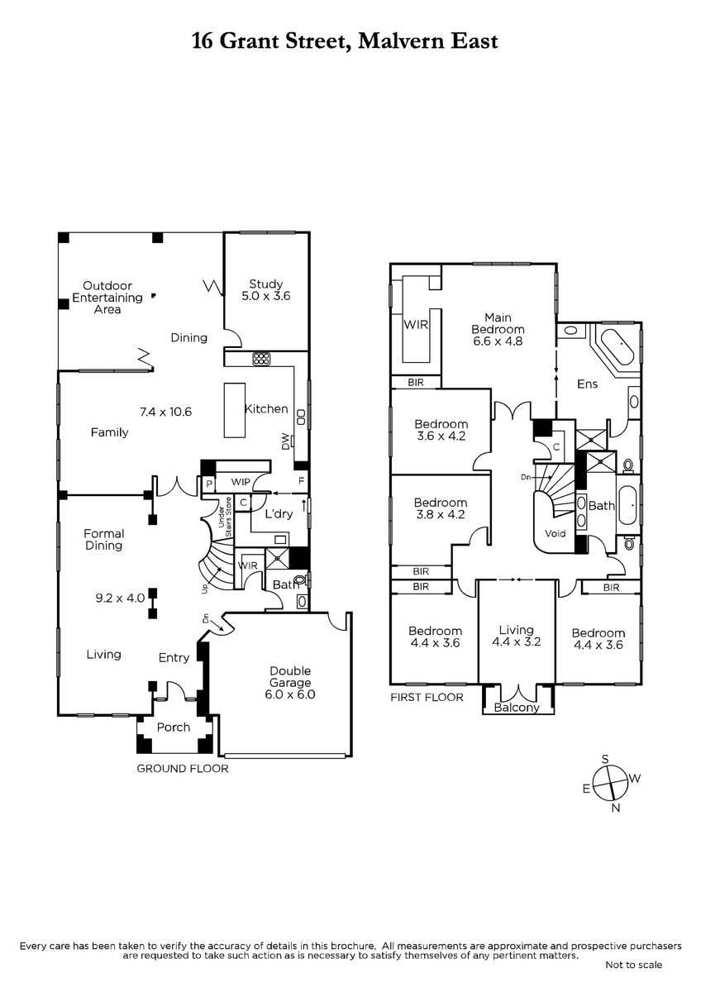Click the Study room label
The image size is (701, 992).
pos(265,290)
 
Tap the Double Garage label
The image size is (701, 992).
pos(290,683)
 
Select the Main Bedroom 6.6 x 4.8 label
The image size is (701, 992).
pos(498,329)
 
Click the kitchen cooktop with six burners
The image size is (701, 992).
pos(261,359)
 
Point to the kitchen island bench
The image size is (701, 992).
pos(235,411)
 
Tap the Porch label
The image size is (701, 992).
pos(173,727)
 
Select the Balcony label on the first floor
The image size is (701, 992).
pos(517,708)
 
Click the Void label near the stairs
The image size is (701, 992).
pos(556,533)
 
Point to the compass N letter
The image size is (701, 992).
pos(616,808)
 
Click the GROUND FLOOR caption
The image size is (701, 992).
pos(183,768)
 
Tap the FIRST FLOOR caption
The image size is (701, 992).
pos(427,698)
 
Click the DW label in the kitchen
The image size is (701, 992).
pos(285,441)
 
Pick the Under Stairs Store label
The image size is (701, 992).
pos(225,517)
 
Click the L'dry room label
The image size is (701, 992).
pos(279,513)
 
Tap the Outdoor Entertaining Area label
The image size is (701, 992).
pos(107,298)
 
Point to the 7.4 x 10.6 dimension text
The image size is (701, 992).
pos(165,412)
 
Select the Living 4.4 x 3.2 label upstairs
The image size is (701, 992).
pos(517,636)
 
